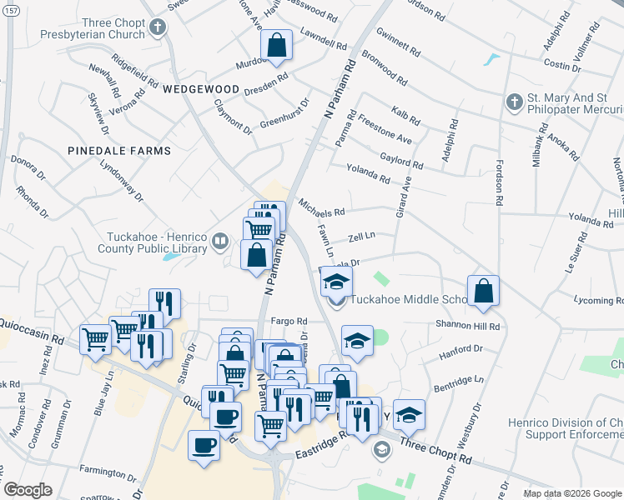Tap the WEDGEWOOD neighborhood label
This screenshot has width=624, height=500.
pos(201,88)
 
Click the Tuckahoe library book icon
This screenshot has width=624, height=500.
pos(220,242)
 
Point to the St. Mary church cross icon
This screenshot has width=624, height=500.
pos(514,102)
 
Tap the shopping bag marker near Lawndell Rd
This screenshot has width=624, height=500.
pos(276,47)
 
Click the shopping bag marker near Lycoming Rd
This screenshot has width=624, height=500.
pos(483,292)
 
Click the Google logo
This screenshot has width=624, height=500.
pos(28,489)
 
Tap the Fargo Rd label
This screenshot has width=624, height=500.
pos(289,321)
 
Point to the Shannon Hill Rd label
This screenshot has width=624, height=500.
pos(466,327)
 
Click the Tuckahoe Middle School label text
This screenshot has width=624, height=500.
pos(408,300)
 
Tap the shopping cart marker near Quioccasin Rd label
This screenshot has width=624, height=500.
pos(96,340)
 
